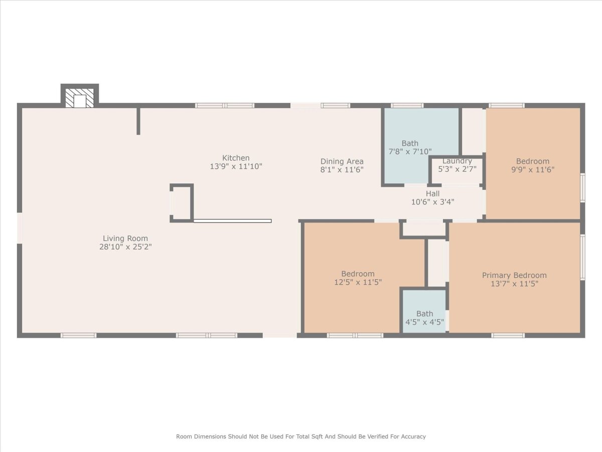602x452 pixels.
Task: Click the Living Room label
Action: click(x=125, y=238)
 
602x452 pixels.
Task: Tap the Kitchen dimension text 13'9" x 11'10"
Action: click(x=236, y=166)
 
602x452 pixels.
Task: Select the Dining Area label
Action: click(x=342, y=161)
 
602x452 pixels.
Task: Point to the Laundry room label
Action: click(x=457, y=161)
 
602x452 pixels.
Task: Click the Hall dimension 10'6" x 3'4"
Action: click(x=432, y=202)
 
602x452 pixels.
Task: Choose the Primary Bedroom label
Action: click(x=514, y=275)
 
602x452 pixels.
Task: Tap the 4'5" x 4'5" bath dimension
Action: click(x=424, y=322)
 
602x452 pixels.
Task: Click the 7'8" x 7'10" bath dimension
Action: click(x=410, y=152)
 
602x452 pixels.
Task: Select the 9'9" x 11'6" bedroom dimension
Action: click(x=533, y=170)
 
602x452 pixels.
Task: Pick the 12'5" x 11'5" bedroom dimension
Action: click(x=358, y=282)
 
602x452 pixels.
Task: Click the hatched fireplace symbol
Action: click(x=80, y=98)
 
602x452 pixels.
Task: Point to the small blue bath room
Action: click(x=424, y=311)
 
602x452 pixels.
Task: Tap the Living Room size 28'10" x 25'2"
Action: click(x=125, y=247)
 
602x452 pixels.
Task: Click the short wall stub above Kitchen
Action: click(x=138, y=121)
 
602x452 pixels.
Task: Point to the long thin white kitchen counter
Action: click(x=233, y=221)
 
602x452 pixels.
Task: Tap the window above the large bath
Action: click(x=407, y=105)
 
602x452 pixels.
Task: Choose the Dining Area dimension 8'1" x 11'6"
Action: click(x=342, y=170)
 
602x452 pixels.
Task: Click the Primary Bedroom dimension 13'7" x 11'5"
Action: click(x=514, y=284)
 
